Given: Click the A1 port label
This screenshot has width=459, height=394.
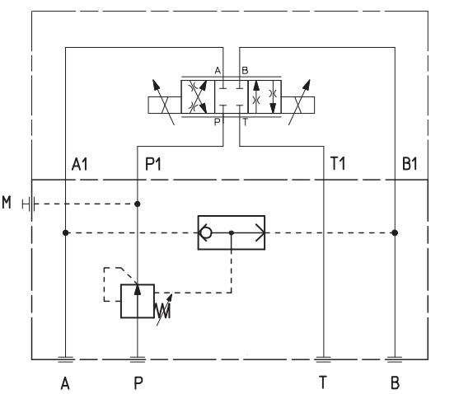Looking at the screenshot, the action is [x=80, y=164].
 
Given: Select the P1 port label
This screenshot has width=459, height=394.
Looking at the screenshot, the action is [x=153, y=164].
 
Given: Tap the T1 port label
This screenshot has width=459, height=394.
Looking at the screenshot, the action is [x=338, y=164].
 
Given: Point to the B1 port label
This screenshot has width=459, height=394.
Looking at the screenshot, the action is [x=410, y=164].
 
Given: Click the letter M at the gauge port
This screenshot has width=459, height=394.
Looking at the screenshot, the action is [x=7, y=202].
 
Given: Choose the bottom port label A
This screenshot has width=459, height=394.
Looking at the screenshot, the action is [x=65, y=383].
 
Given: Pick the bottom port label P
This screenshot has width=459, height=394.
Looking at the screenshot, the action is [x=138, y=383].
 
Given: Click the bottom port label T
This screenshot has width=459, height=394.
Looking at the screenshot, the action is [x=322, y=382].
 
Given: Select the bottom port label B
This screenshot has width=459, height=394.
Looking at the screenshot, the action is [x=395, y=382].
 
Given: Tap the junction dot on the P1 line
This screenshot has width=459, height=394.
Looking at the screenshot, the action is [x=138, y=204].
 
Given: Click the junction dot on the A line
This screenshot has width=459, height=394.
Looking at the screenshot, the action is [x=66, y=232].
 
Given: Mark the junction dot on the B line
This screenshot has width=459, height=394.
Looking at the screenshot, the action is [x=395, y=232].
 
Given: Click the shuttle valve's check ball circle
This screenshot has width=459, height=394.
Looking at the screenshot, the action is [x=206, y=232].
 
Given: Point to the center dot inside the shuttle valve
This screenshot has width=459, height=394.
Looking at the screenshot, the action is [x=232, y=232].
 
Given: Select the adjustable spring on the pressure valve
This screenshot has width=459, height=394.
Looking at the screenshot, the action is [x=163, y=311].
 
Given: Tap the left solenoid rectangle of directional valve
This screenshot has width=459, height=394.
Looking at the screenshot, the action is [x=165, y=105].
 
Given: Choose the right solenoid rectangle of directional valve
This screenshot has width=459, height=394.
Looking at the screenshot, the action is [x=298, y=105].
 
